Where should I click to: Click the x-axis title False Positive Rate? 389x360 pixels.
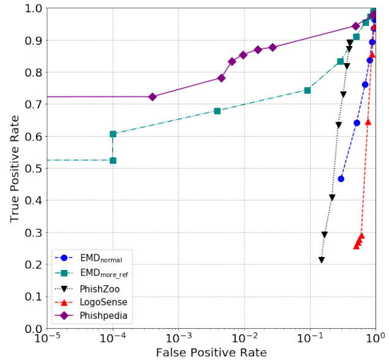211,352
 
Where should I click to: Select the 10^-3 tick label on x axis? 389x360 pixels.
178,337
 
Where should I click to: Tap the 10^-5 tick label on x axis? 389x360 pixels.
47,337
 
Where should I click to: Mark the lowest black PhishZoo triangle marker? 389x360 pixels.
322,260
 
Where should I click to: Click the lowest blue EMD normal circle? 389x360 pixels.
341,178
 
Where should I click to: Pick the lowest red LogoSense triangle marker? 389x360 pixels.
357,245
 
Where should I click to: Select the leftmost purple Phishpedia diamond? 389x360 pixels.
153,97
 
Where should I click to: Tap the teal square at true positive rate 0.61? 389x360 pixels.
113,134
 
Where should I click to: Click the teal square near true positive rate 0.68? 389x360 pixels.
217,111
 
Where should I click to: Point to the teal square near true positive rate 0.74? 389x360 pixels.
308,90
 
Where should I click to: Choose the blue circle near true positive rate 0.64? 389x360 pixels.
357,123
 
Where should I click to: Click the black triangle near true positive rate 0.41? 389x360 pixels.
332,197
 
